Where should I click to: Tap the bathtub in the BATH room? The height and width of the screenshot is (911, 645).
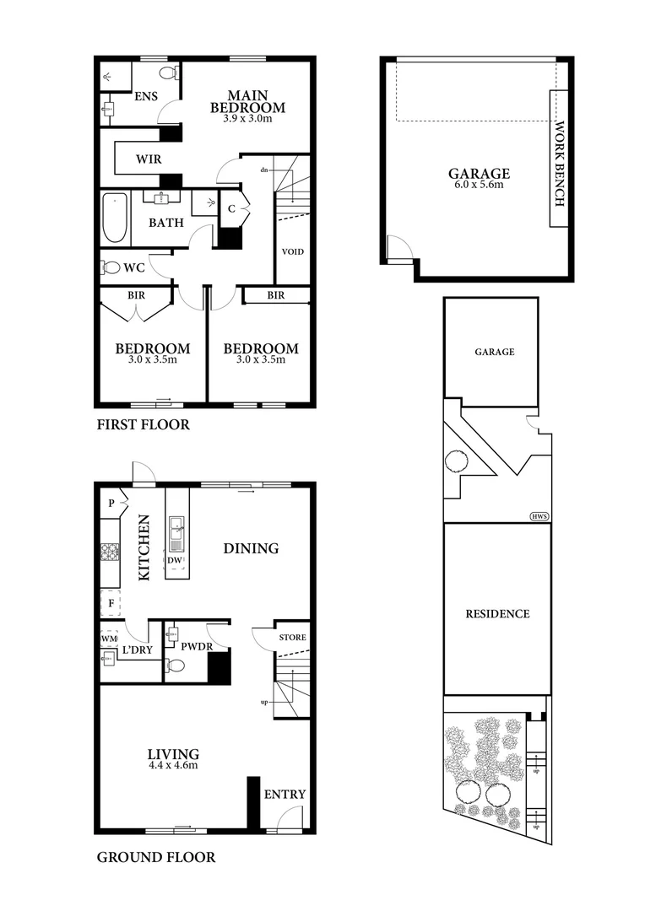click(115, 217)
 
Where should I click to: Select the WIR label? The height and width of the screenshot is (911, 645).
click(138, 159)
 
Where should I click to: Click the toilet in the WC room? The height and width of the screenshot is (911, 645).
click(111, 267)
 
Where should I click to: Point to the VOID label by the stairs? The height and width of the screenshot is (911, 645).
click(292, 252)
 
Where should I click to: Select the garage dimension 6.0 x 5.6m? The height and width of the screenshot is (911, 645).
click(479, 186)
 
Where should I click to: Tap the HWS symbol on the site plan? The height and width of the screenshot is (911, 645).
click(537, 516)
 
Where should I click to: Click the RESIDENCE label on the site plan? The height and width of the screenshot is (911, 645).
click(497, 613)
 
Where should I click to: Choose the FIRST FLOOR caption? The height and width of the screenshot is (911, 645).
click(143, 425)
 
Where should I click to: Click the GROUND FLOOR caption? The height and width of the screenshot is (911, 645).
click(155, 858)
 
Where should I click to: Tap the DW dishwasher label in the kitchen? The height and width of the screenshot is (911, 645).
click(174, 561)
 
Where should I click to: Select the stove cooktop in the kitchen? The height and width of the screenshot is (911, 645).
click(111, 553)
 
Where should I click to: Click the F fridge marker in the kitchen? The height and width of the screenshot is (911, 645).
click(108, 605)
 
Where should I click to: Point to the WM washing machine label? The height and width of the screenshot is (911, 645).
click(108, 639)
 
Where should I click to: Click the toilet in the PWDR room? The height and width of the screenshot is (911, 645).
click(176, 666)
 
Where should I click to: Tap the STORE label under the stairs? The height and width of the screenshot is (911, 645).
click(292, 638)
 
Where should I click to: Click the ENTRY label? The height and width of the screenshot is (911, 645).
click(285, 795)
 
